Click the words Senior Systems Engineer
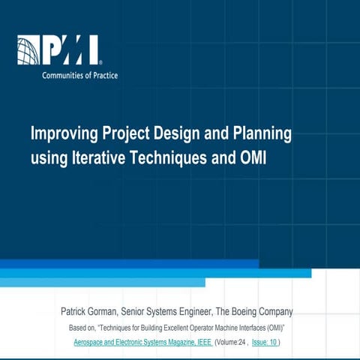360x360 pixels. pyautogui.click(x=176, y=311)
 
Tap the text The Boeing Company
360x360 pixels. pyautogui.click(x=259, y=311)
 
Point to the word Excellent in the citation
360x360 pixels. pyautogui.click(x=196, y=328)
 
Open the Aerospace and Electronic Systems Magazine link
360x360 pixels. pyautogui.click(x=142, y=343)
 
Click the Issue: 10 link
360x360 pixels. pyautogui.click(x=262, y=343)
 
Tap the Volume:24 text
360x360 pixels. pyautogui.click(x=228, y=343)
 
